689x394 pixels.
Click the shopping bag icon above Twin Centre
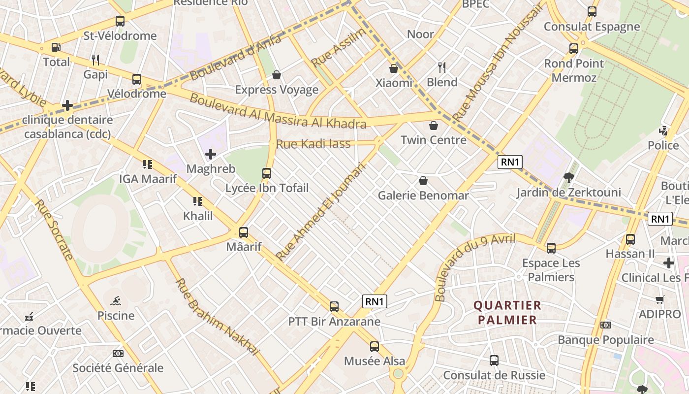coord(434,126)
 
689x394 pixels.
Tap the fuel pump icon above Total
coord(56,48)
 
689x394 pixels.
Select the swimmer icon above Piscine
coord(116,301)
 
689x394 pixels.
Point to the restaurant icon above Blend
coord(442,67)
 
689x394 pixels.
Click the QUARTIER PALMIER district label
coord(507,313)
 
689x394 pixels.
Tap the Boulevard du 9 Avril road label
coord(475,267)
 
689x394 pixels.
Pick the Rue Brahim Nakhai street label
coord(217,317)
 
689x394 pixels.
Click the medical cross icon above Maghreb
coord(211,154)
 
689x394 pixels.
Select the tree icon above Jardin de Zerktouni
coord(569,178)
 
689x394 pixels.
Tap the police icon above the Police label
coord(663,131)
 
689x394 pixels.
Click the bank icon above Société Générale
coord(118,354)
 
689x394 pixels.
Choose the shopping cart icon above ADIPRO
coord(659,300)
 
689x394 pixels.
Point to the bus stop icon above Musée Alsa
coord(375,347)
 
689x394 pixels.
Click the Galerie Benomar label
coord(423,196)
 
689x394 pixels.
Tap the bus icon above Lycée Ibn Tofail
coord(267,173)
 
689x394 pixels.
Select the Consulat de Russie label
coord(494,375)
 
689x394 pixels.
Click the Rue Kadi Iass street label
coord(313,144)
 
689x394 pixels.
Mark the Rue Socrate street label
coord(54,229)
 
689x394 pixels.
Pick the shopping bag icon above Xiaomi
coord(394,68)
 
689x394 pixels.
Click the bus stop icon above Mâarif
coord(244,232)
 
